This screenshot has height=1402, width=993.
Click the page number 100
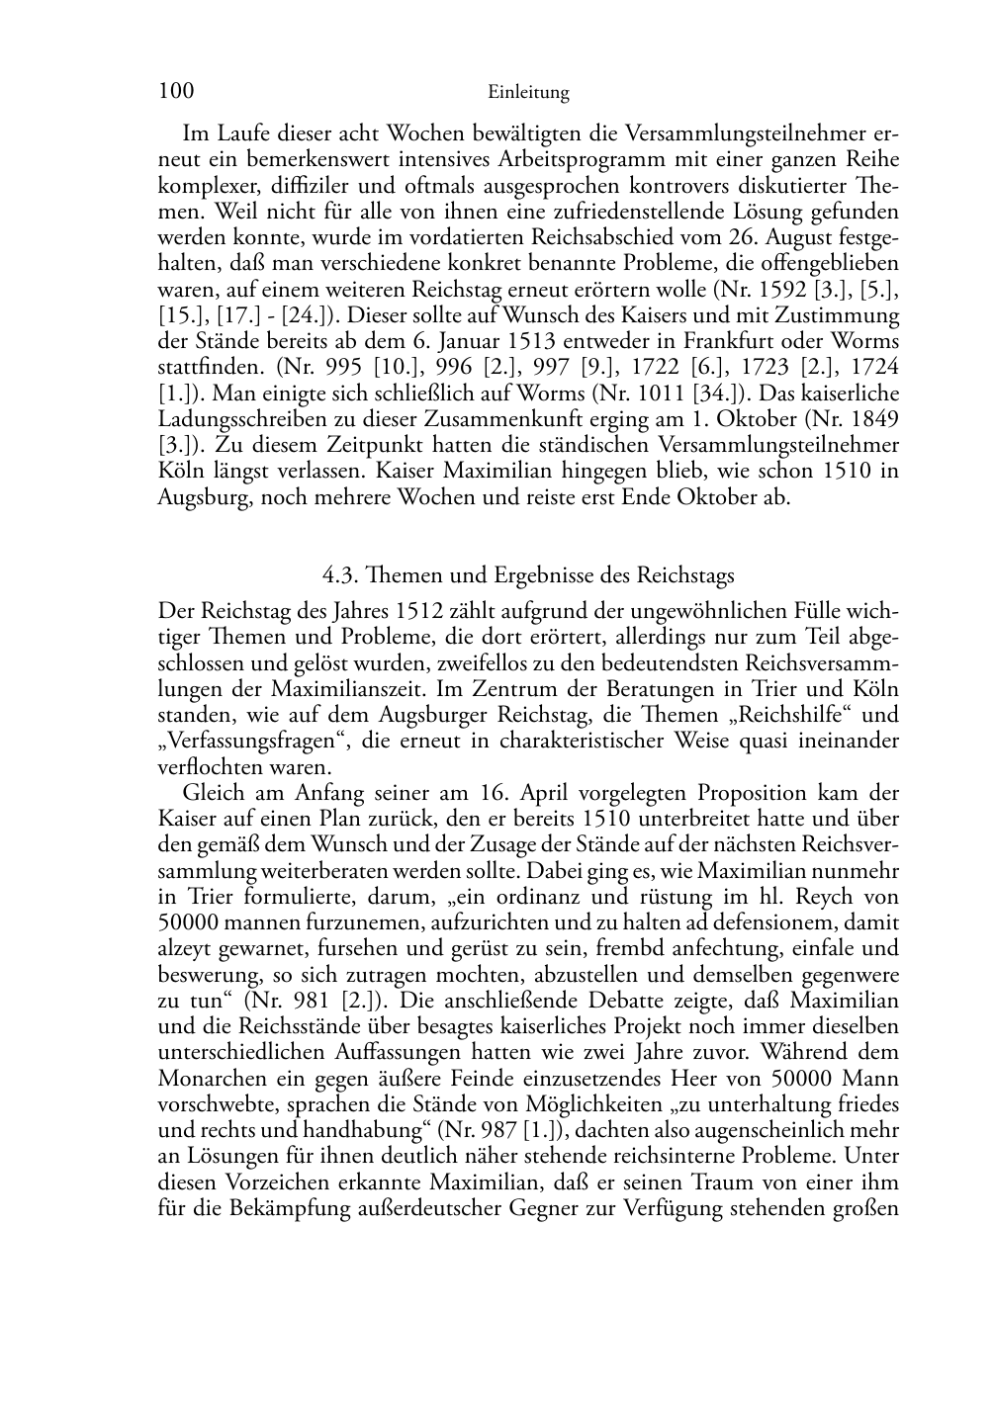(x=176, y=92)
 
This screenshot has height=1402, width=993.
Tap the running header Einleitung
(x=528, y=93)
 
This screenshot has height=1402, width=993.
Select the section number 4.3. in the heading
(x=342, y=574)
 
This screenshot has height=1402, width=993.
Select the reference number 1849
(x=872, y=419)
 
